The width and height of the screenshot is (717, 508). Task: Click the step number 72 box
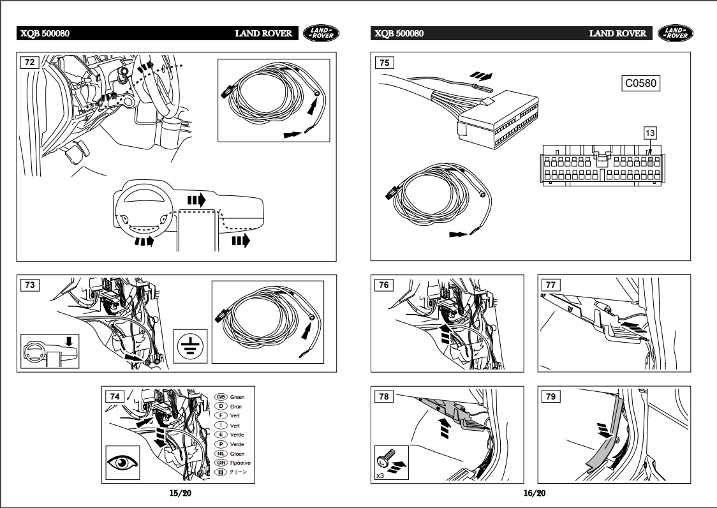[x=30, y=63]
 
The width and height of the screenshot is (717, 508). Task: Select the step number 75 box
[x=384, y=63]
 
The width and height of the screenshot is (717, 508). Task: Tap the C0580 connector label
[x=640, y=83]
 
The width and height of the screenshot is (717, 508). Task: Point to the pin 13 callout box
[x=649, y=133]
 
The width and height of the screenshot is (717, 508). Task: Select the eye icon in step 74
[x=122, y=462]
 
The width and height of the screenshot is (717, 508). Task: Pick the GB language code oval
[x=221, y=397]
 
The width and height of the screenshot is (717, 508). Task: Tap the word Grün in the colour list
[x=236, y=407]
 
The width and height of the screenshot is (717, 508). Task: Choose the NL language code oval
[x=221, y=453]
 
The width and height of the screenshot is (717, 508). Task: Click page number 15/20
[x=180, y=493]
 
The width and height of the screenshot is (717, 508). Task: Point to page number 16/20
[x=535, y=493]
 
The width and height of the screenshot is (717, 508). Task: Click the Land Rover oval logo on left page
[x=321, y=33]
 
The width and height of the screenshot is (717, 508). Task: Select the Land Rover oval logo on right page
[x=675, y=33]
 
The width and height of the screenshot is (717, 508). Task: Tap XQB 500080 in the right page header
[x=399, y=33]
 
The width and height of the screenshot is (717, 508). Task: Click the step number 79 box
[x=551, y=396]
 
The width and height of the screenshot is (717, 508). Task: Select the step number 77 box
[x=551, y=285]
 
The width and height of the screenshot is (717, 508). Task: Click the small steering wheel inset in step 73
[x=50, y=350]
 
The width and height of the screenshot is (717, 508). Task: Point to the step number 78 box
[x=384, y=396]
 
